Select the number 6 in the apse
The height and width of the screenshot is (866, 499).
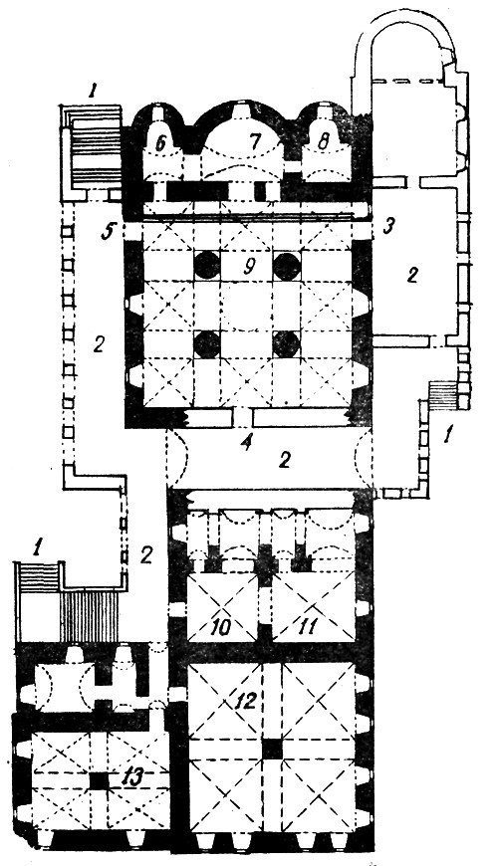click(160, 143)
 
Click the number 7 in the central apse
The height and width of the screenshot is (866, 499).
click(254, 142)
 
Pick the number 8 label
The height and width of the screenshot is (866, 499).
click(324, 140)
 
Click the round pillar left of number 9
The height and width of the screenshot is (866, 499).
click(207, 266)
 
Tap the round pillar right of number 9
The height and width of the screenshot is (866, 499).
click(287, 266)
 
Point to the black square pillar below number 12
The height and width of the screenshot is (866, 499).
click(272, 749)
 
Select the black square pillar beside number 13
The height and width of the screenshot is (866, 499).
click(100, 780)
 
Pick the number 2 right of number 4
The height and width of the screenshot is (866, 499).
click(284, 460)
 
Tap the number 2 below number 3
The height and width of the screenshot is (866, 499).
click(411, 276)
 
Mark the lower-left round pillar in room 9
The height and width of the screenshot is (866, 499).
click(207, 344)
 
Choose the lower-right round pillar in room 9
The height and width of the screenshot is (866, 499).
click(286, 344)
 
